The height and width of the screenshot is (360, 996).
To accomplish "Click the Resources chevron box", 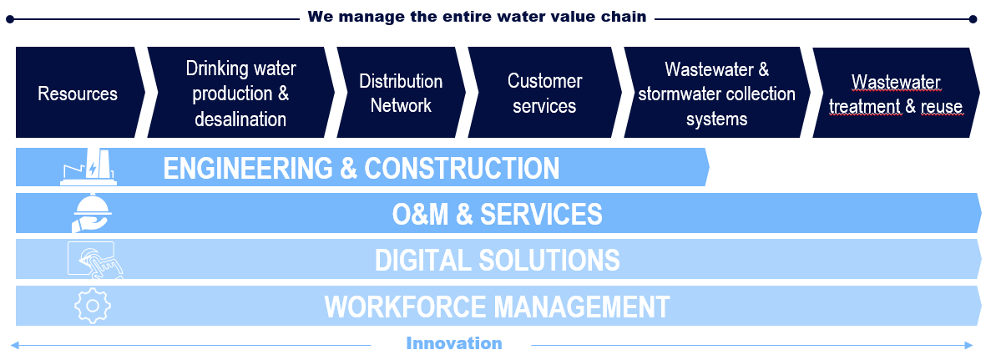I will point(78,93).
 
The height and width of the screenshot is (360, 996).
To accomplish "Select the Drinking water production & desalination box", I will point(240,93).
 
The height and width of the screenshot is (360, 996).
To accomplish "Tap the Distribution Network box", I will point(401,93).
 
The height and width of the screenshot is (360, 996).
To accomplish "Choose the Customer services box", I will point(544,93).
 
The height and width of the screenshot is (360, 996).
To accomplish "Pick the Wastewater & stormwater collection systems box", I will point(716,93).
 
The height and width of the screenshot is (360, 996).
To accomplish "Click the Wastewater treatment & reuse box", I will point(896,93).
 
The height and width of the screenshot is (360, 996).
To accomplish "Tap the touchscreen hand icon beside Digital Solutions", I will point(95,260).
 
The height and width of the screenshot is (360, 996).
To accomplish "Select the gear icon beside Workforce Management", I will point(92,306).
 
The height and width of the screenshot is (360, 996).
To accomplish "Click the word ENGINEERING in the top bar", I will point(247,169).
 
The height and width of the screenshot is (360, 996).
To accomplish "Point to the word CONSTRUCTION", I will point(462,169).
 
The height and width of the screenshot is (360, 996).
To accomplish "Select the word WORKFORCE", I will point(395,307).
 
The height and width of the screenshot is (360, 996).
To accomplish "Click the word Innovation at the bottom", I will point(454,343).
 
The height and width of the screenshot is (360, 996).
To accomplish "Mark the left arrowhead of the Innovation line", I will point(13,344).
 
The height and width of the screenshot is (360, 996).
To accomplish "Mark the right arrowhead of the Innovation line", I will point(969,344).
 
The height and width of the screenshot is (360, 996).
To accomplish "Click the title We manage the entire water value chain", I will point(477,17).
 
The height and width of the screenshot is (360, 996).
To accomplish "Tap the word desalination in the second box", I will point(240,119).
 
